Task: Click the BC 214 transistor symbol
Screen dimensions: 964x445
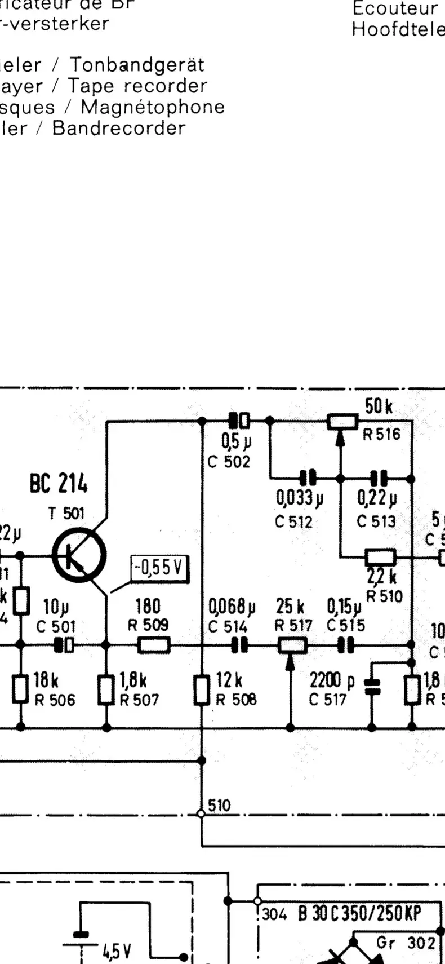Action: (x=79, y=555)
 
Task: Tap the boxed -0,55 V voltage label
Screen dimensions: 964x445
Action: (x=160, y=568)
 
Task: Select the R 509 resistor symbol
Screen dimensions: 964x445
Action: (x=154, y=645)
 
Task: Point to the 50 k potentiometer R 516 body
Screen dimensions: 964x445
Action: (x=342, y=421)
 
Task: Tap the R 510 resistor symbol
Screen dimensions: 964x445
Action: (x=381, y=558)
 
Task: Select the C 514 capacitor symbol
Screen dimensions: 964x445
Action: (x=240, y=645)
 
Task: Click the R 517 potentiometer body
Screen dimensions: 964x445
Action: (x=292, y=645)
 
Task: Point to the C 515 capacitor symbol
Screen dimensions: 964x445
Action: (x=346, y=645)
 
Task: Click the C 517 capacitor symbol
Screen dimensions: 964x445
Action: (x=372, y=686)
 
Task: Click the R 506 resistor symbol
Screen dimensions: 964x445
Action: (x=21, y=688)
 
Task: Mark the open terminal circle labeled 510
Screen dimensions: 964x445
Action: (x=201, y=813)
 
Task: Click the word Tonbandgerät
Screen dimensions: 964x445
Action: (x=137, y=65)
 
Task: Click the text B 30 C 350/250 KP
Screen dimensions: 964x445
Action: (x=359, y=913)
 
